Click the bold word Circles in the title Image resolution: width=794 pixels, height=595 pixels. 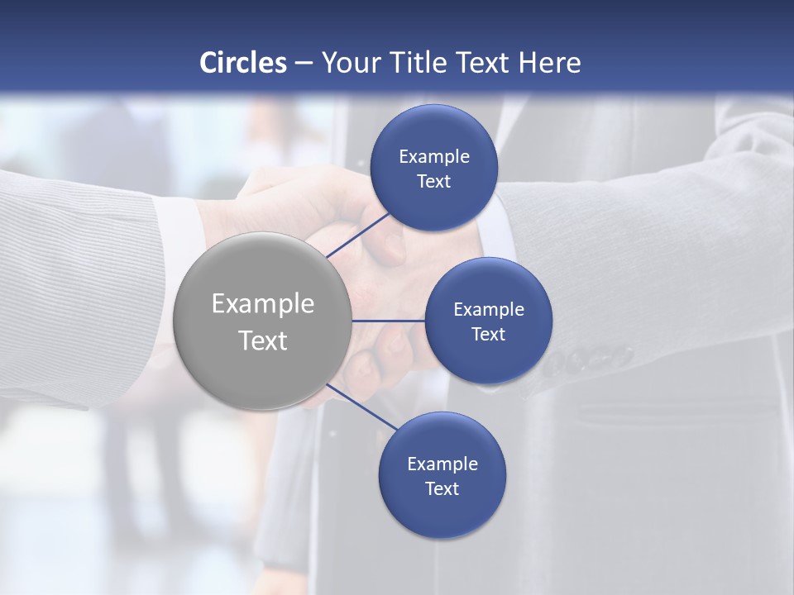coord(243,63)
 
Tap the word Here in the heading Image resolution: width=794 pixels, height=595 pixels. coord(549,63)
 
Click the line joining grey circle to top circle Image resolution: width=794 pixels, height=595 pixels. coord(358,234)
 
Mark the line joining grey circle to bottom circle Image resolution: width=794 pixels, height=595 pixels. coord(361,407)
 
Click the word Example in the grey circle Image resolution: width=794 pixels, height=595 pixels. coord(263,304)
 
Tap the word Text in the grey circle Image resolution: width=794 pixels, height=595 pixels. coord(263,340)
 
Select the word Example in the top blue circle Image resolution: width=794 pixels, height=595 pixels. coord(434,157)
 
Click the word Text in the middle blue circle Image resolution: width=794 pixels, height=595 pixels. coord(488,335)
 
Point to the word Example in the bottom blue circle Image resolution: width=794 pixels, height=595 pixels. coord(442,464)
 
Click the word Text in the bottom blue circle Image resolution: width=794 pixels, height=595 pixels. coord(442,489)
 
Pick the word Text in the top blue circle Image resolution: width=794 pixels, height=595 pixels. coord(434,182)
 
